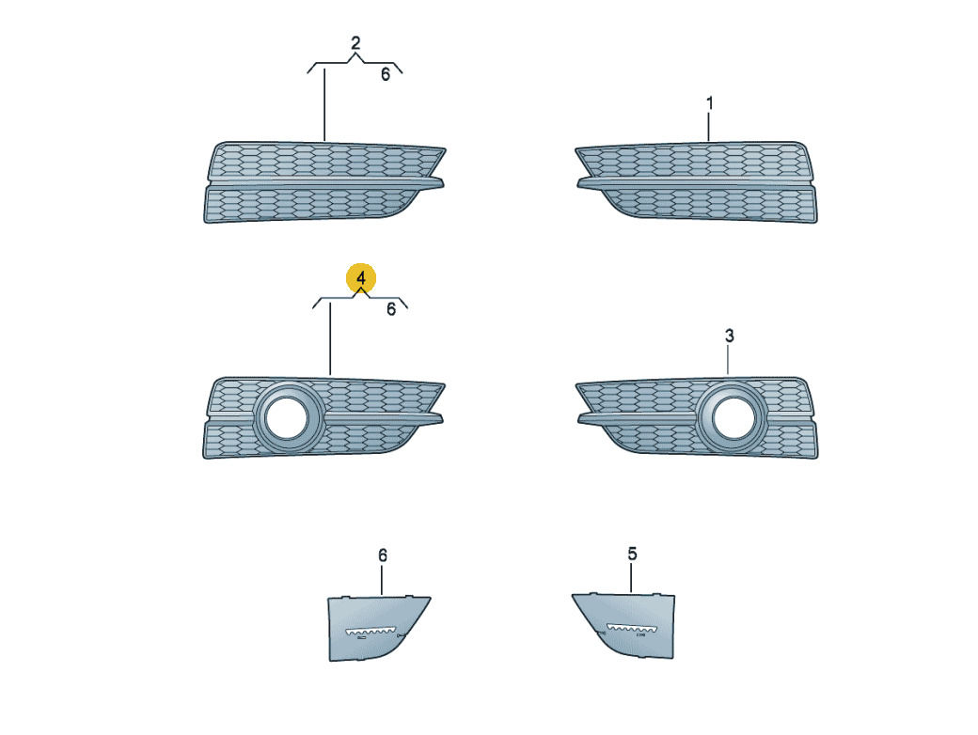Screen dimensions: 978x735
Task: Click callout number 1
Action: click(709, 102)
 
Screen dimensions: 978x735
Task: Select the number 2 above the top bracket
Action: click(355, 43)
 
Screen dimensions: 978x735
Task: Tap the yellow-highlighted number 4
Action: click(361, 278)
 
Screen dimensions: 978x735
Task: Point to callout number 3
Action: click(730, 336)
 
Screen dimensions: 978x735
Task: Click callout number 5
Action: click(633, 554)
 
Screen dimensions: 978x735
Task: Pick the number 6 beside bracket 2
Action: click(386, 75)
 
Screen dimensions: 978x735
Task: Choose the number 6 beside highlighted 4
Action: click(391, 309)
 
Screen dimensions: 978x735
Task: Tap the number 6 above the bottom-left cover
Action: click(383, 555)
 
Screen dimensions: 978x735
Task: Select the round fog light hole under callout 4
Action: click(288, 416)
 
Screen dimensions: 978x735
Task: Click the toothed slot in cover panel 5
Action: click(631, 629)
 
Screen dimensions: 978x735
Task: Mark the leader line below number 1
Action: click(709, 127)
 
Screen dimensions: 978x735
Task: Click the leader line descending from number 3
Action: click(728, 360)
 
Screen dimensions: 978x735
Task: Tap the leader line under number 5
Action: click(631, 578)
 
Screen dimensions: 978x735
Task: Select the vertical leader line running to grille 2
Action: click(324, 105)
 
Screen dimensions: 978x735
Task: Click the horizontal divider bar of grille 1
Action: click(696, 182)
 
